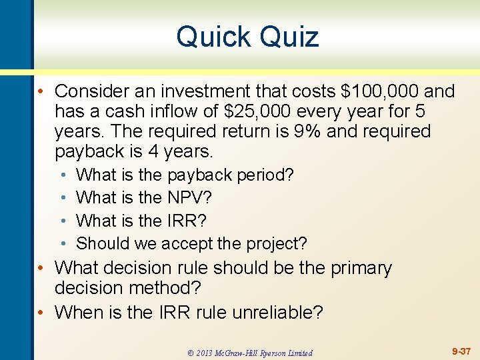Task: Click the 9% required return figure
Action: point(307,131)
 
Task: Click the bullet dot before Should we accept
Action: point(62,243)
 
